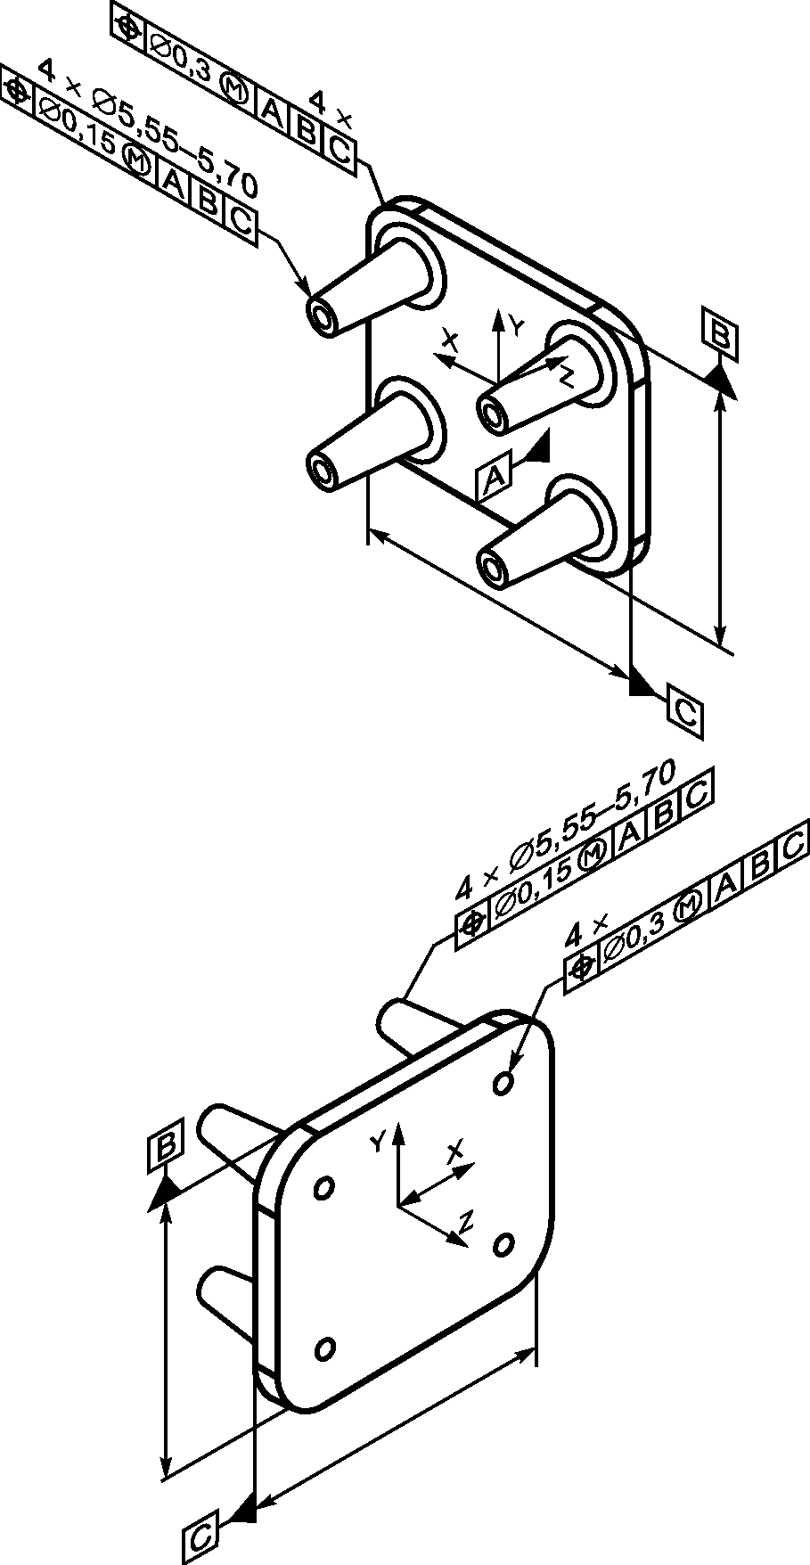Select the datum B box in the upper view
[720, 333]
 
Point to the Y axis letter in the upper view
[515, 326]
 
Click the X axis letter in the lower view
[455, 1151]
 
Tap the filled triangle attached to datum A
[537, 447]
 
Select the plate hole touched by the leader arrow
[503, 1082]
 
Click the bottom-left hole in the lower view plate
[325, 1348]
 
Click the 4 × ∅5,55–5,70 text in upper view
[147, 126]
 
